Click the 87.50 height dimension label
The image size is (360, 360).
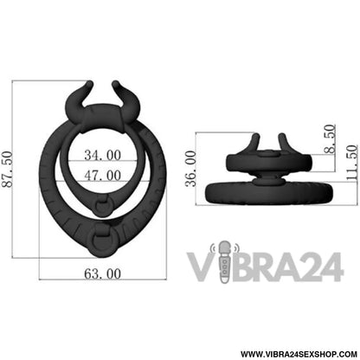tap(8, 170)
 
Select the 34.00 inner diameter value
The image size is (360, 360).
tap(103, 155)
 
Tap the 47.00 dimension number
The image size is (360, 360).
tap(103, 176)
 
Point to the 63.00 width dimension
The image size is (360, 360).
tap(103, 273)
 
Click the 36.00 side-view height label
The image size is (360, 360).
tap(190, 169)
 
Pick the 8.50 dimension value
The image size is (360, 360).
tap(330, 138)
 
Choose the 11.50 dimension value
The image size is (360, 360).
tap(351, 163)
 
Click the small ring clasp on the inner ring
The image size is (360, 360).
tap(103, 205)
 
